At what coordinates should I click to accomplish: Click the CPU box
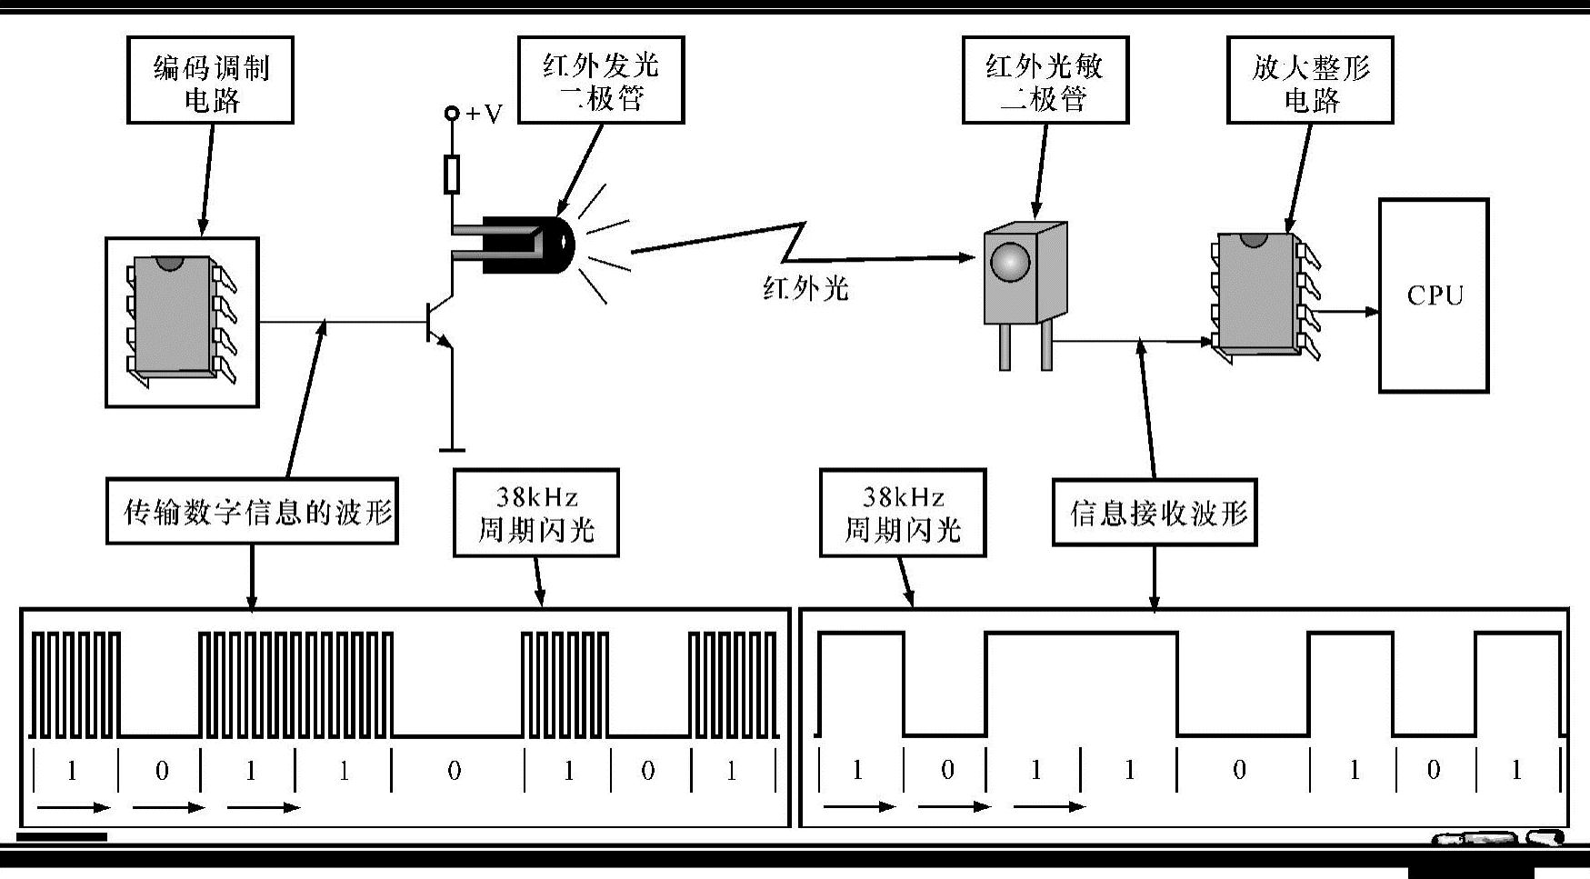[x=1433, y=295]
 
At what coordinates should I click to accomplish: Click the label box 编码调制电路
[x=210, y=81]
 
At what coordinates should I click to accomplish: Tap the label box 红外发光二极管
[x=600, y=80]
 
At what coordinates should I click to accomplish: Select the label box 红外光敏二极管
[x=1045, y=80]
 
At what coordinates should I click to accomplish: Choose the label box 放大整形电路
[x=1309, y=81]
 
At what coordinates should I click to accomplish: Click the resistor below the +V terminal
[x=451, y=174]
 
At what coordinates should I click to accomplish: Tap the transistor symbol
[x=437, y=322]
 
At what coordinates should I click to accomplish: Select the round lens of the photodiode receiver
[x=1010, y=263]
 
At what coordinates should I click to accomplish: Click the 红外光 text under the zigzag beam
[x=805, y=289]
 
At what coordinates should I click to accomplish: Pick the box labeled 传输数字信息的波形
[x=252, y=512]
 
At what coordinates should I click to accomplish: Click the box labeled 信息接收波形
[x=1155, y=513]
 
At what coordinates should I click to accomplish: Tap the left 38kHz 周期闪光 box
[x=536, y=513]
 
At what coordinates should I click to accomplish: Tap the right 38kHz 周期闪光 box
[x=903, y=513]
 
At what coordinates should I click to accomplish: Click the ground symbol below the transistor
[x=451, y=447]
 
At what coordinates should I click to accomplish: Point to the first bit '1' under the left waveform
[x=72, y=771]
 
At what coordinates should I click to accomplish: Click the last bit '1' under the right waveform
[x=1515, y=771]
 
